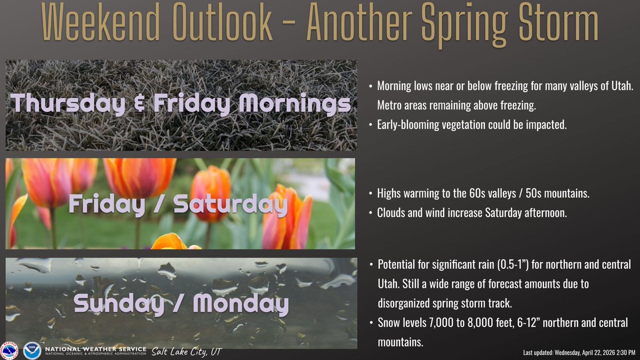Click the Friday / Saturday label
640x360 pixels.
pyautogui.click(x=179, y=204)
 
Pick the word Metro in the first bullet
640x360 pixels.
pyautogui.click(x=389, y=107)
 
